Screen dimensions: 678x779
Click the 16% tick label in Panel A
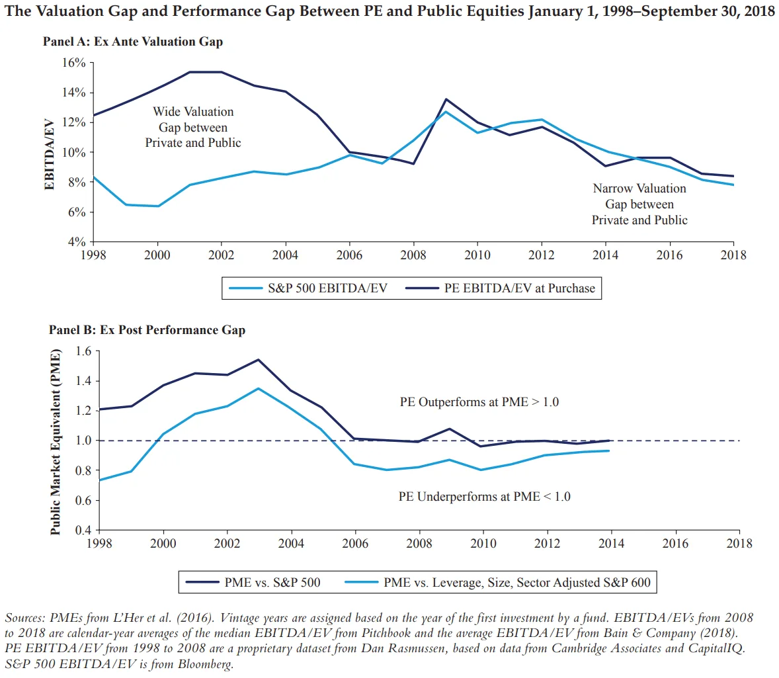pyautogui.click(x=74, y=63)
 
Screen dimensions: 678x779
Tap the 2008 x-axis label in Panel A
pyautogui.click(x=413, y=255)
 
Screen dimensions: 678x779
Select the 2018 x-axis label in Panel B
pyautogui.click(x=739, y=544)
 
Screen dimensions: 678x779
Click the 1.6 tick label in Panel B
pyautogui.click(x=83, y=351)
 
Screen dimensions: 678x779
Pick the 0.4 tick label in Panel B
pyautogui.click(x=83, y=530)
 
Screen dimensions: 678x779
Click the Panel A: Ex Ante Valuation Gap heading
pyautogui.click(x=133, y=42)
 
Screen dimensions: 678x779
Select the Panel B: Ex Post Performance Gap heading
pyautogui.click(x=147, y=330)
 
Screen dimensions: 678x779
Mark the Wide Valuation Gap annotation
pyautogui.click(x=193, y=127)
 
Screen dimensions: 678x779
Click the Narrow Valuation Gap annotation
pyautogui.click(x=639, y=204)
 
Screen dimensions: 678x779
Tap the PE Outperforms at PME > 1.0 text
pyautogui.click(x=479, y=402)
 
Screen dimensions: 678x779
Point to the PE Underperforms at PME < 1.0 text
pyautogui.click(x=484, y=497)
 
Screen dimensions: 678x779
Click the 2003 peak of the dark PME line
pyautogui.click(x=258, y=360)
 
